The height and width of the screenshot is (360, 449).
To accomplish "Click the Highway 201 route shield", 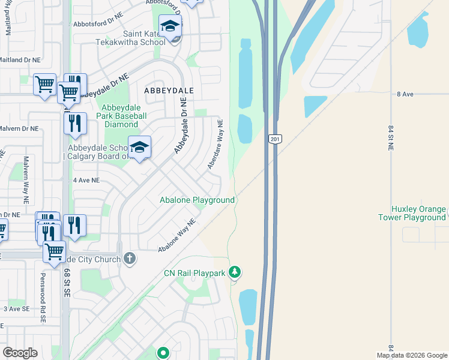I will tap(274, 139).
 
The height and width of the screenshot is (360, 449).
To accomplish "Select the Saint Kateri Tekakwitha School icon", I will tap(170, 26).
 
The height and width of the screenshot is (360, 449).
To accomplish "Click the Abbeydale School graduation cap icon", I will tap(139, 147).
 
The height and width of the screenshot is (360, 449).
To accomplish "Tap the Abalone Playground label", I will tap(196, 200).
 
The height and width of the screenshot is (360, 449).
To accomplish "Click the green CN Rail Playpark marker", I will tap(235, 273).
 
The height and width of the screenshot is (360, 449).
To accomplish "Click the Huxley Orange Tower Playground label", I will tap(418, 213).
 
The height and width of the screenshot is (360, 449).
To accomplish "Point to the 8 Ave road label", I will tap(405, 95).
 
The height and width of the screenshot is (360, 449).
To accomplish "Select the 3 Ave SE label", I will tap(16, 308).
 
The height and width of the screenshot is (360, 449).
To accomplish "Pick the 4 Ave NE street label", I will tap(86, 180).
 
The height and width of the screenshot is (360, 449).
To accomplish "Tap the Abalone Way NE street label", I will tap(177, 235).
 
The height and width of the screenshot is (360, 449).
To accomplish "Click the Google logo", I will tap(20, 352).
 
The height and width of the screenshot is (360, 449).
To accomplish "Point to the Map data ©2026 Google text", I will tap(412, 355).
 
